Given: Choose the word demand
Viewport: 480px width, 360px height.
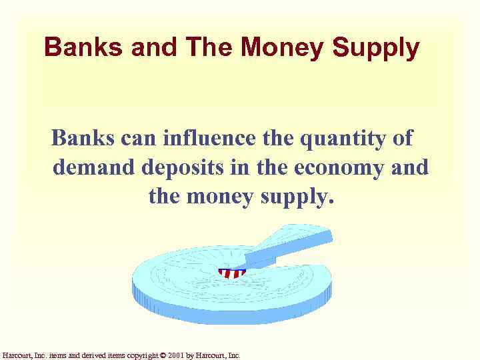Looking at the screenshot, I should click(93, 167).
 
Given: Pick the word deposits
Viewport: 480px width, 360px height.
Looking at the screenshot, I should click(183, 167).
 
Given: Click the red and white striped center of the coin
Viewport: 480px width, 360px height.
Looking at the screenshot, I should click(231, 273).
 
